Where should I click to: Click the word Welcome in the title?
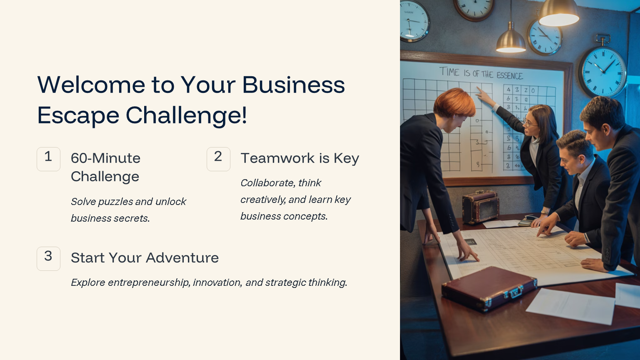pyautogui.click(x=91, y=85)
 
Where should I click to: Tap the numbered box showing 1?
pyautogui.click(x=48, y=159)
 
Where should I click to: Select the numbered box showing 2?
pyautogui.click(x=218, y=159)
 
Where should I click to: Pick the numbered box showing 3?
pyautogui.click(x=48, y=258)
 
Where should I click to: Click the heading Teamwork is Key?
pyautogui.click(x=300, y=158)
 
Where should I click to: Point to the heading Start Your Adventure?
pyautogui.click(x=145, y=258)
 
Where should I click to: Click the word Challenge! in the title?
pyautogui.click(x=186, y=115)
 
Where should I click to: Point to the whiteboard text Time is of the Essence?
pyautogui.click(x=481, y=73)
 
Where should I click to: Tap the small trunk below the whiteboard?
pyautogui.click(x=480, y=206)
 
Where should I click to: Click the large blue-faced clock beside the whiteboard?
pyautogui.click(x=603, y=71)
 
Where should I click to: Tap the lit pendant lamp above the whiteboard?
pyautogui.click(x=511, y=42)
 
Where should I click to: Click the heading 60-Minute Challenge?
pyautogui.click(x=105, y=167)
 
